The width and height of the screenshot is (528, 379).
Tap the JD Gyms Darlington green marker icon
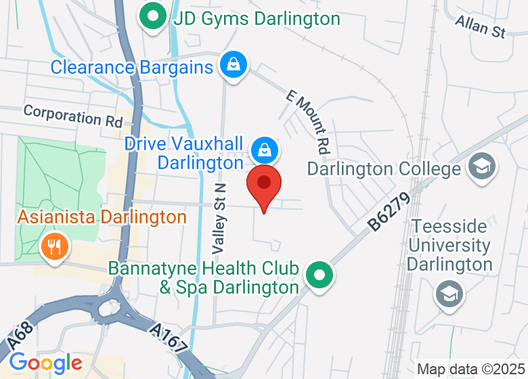click(x=154, y=17)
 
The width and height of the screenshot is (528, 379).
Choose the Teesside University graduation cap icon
click(x=448, y=294)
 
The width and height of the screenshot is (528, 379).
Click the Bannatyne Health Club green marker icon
click(x=319, y=275)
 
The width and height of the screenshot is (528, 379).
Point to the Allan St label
click(x=481, y=27)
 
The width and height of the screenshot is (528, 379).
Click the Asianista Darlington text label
click(x=102, y=217)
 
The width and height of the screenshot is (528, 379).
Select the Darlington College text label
click(x=383, y=168)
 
